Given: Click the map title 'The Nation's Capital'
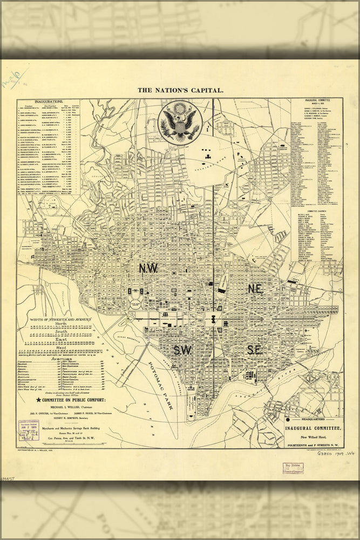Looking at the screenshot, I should [180, 91].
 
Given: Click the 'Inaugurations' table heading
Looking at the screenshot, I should [49, 101].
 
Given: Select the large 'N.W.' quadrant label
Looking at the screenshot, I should [148, 268].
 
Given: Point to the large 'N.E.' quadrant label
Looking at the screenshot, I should [255, 289].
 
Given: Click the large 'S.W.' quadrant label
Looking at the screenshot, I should [182, 350].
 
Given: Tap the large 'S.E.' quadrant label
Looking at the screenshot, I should [254, 350].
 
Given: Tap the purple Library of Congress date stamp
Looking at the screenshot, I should [28, 430].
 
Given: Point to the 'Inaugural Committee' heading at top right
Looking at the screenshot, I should [317, 101].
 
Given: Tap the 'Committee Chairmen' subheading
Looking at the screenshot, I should [317, 211].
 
